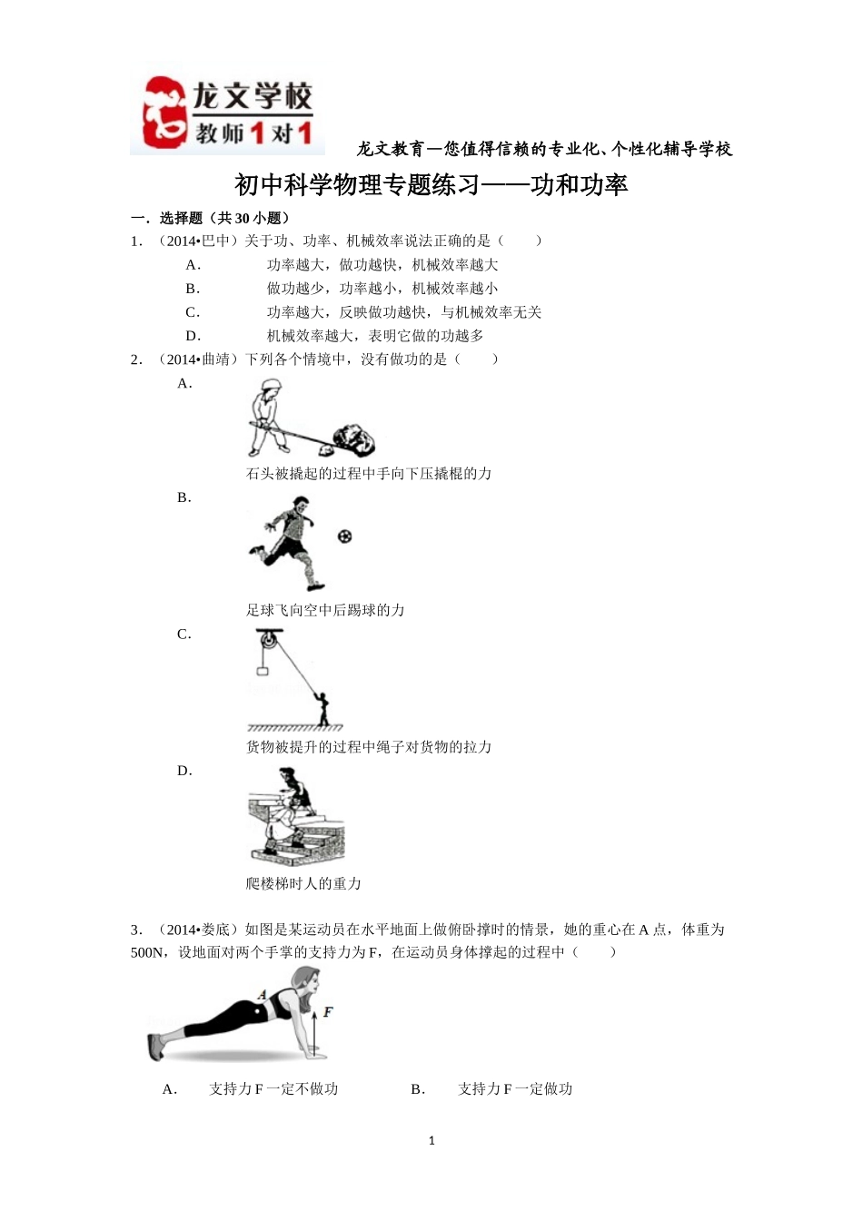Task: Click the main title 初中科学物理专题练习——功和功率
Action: coord(431,185)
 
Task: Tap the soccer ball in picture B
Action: coord(344,536)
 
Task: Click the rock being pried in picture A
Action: coord(353,439)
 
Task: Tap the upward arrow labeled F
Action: coord(314,1026)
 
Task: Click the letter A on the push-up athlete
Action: coord(263,995)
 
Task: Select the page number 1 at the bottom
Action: coord(431,1141)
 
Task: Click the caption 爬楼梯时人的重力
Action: coord(303,883)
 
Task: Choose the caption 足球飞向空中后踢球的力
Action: coord(325,610)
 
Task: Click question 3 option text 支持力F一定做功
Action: coord(515,1089)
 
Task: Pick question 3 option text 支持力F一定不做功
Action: coord(273,1089)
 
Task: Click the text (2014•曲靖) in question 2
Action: coord(199,359)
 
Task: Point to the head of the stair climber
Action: coord(289,777)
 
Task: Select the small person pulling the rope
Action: coord(322,708)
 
